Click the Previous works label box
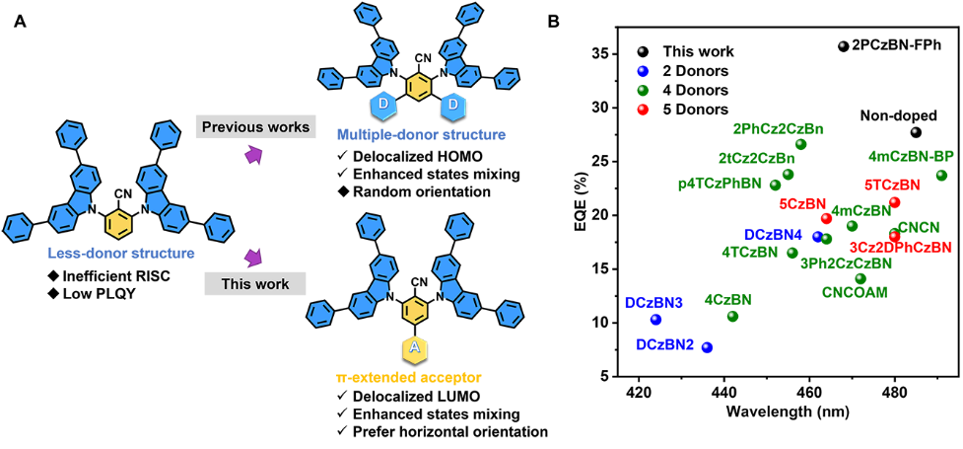pyautogui.click(x=255, y=127)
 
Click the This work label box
pyautogui.click(x=255, y=284)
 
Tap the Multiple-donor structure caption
pyautogui.click(x=421, y=134)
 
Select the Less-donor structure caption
pyautogui.click(x=121, y=254)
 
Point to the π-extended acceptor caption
pyautogui.click(x=408, y=377)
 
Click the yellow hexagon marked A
pyautogui.click(x=415, y=348)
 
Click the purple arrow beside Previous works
pyautogui.click(x=254, y=155)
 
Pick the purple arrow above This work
pyautogui.click(x=253, y=258)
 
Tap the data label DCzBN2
pyautogui.click(x=664, y=345)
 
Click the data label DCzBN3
pyautogui.click(x=653, y=303)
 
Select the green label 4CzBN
pyautogui.click(x=727, y=300)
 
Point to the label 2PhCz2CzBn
pyautogui.click(x=778, y=128)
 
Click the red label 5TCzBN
pyautogui.click(x=892, y=185)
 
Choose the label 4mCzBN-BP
pyautogui.click(x=911, y=156)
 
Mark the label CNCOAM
pyautogui.click(x=855, y=292)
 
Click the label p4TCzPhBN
pyautogui.click(x=720, y=183)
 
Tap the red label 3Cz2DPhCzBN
pyautogui.click(x=900, y=247)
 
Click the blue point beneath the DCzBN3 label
pyautogui.click(x=655, y=320)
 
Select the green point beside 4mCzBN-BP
pyautogui.click(x=941, y=176)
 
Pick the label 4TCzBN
pyautogui.click(x=749, y=252)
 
